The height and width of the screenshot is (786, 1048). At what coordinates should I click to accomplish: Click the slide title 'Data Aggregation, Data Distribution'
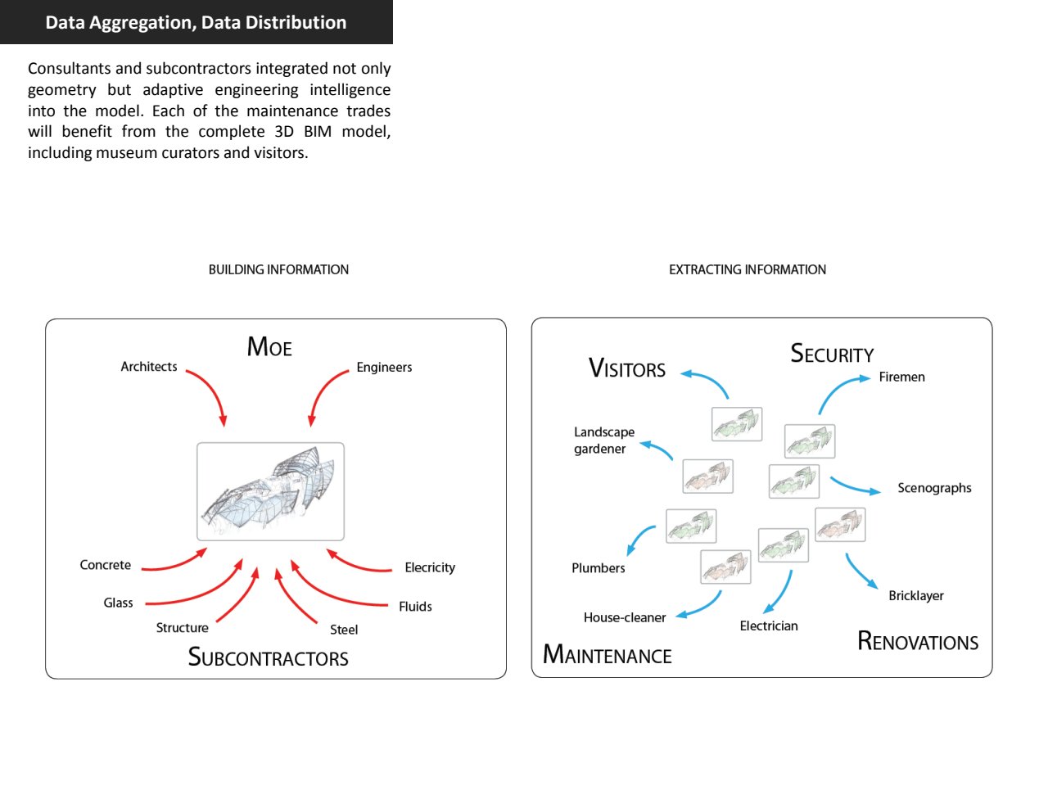[196, 22]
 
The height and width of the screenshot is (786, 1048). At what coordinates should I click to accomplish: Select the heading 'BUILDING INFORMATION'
[278, 269]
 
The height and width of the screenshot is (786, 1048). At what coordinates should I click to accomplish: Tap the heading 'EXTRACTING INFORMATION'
[747, 269]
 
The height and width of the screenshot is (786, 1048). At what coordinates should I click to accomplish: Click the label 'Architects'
[149, 367]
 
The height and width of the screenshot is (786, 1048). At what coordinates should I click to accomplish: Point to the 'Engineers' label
[384, 368]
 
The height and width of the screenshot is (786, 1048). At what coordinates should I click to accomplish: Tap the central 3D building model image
[270, 491]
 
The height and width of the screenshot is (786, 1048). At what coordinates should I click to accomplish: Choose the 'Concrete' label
[106, 565]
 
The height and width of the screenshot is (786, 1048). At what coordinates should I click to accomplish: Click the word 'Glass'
[118, 603]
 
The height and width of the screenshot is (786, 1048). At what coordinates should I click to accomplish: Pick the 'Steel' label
[344, 630]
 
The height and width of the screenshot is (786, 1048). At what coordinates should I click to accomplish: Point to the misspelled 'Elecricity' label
[430, 567]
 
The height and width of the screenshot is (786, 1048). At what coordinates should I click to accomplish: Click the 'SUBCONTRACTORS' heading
[269, 657]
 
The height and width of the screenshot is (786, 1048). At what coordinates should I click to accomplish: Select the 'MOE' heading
[269, 347]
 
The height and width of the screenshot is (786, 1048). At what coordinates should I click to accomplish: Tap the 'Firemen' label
[901, 377]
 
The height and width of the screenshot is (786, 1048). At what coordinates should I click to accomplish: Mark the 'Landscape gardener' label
[603, 440]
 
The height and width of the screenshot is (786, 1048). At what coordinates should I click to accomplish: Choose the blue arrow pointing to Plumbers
[639, 540]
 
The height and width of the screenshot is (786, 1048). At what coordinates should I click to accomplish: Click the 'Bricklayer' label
[916, 596]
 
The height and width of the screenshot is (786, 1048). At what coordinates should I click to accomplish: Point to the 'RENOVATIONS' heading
[918, 641]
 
